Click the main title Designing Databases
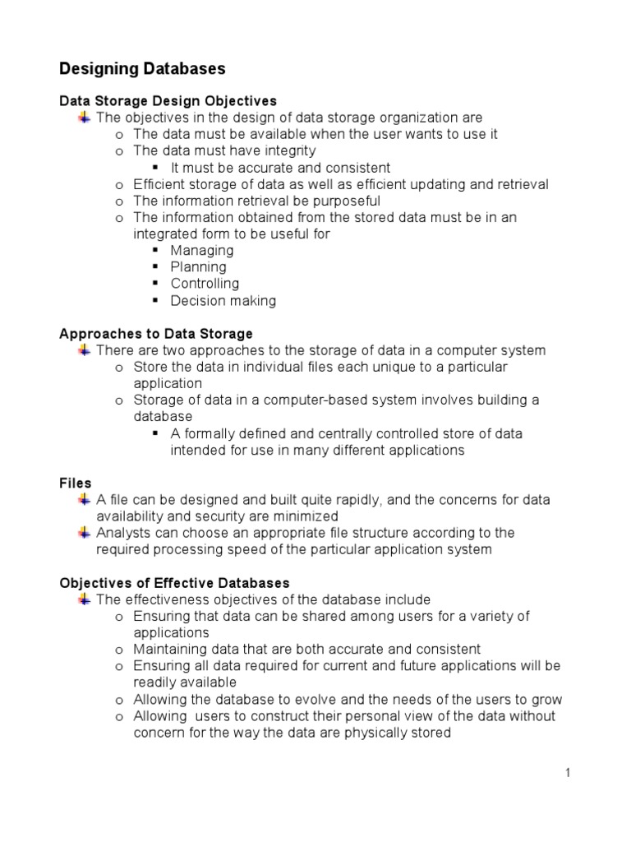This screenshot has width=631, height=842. coord(142,68)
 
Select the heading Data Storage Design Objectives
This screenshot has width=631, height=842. coord(168,101)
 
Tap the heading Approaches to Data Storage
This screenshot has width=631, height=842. coord(156,334)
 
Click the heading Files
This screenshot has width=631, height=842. coord(76,483)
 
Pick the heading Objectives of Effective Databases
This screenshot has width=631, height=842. coord(174,583)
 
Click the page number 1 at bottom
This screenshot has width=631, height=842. coord(567,773)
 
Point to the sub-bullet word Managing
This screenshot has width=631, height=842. coord(202,251)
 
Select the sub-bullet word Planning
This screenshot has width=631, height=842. coord(198,267)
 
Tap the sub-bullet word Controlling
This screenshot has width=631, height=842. coord(205,284)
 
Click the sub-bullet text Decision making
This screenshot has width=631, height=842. coord(223,301)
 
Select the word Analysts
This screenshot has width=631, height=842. coord(123,533)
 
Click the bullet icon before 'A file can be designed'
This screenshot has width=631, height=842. coord(84,499)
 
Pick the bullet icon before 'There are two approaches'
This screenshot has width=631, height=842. coord(84,350)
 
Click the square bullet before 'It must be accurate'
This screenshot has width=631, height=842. coord(156,168)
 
